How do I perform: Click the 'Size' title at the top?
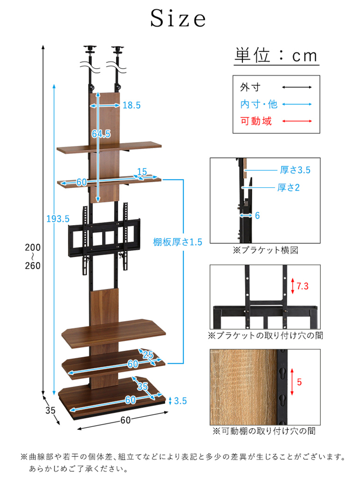coord(178,18)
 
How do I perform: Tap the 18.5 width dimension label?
coord(132,105)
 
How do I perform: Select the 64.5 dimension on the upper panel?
coord(102,134)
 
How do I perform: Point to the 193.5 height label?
coord(58,219)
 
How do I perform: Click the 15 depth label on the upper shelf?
coord(142,172)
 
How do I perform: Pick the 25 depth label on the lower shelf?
coord(148,354)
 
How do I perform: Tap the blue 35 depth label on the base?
coord(142,386)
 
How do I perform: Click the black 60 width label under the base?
coord(126,420)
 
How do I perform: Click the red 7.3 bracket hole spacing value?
coord(302,286)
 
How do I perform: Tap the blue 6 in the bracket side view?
coord(258,216)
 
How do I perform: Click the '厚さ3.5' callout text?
coord(295,170)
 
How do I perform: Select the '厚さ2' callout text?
coord(288,187)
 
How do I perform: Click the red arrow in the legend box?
coord(297,121)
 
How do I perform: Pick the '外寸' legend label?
coord(250,87)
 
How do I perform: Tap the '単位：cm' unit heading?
coord(276,55)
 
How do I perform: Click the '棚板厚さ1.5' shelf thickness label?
coord(178,242)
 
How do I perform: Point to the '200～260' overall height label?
coord(33,256)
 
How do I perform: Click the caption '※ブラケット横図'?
coord(265,250)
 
